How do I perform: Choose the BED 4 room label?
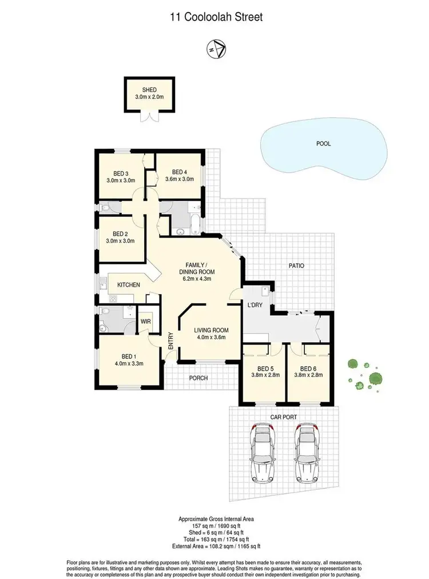[x=179, y=172]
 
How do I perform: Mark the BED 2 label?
[x=119, y=233]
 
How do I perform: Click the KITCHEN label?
[x=129, y=284]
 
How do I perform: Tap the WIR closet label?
[x=146, y=322]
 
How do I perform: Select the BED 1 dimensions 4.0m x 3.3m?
[x=128, y=363]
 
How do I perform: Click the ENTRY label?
[x=170, y=342]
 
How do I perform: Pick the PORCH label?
[x=198, y=378]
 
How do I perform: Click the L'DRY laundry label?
[x=255, y=305]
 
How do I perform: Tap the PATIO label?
[x=296, y=265]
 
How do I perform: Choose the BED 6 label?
[x=308, y=368]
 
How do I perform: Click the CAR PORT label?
[x=283, y=418]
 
